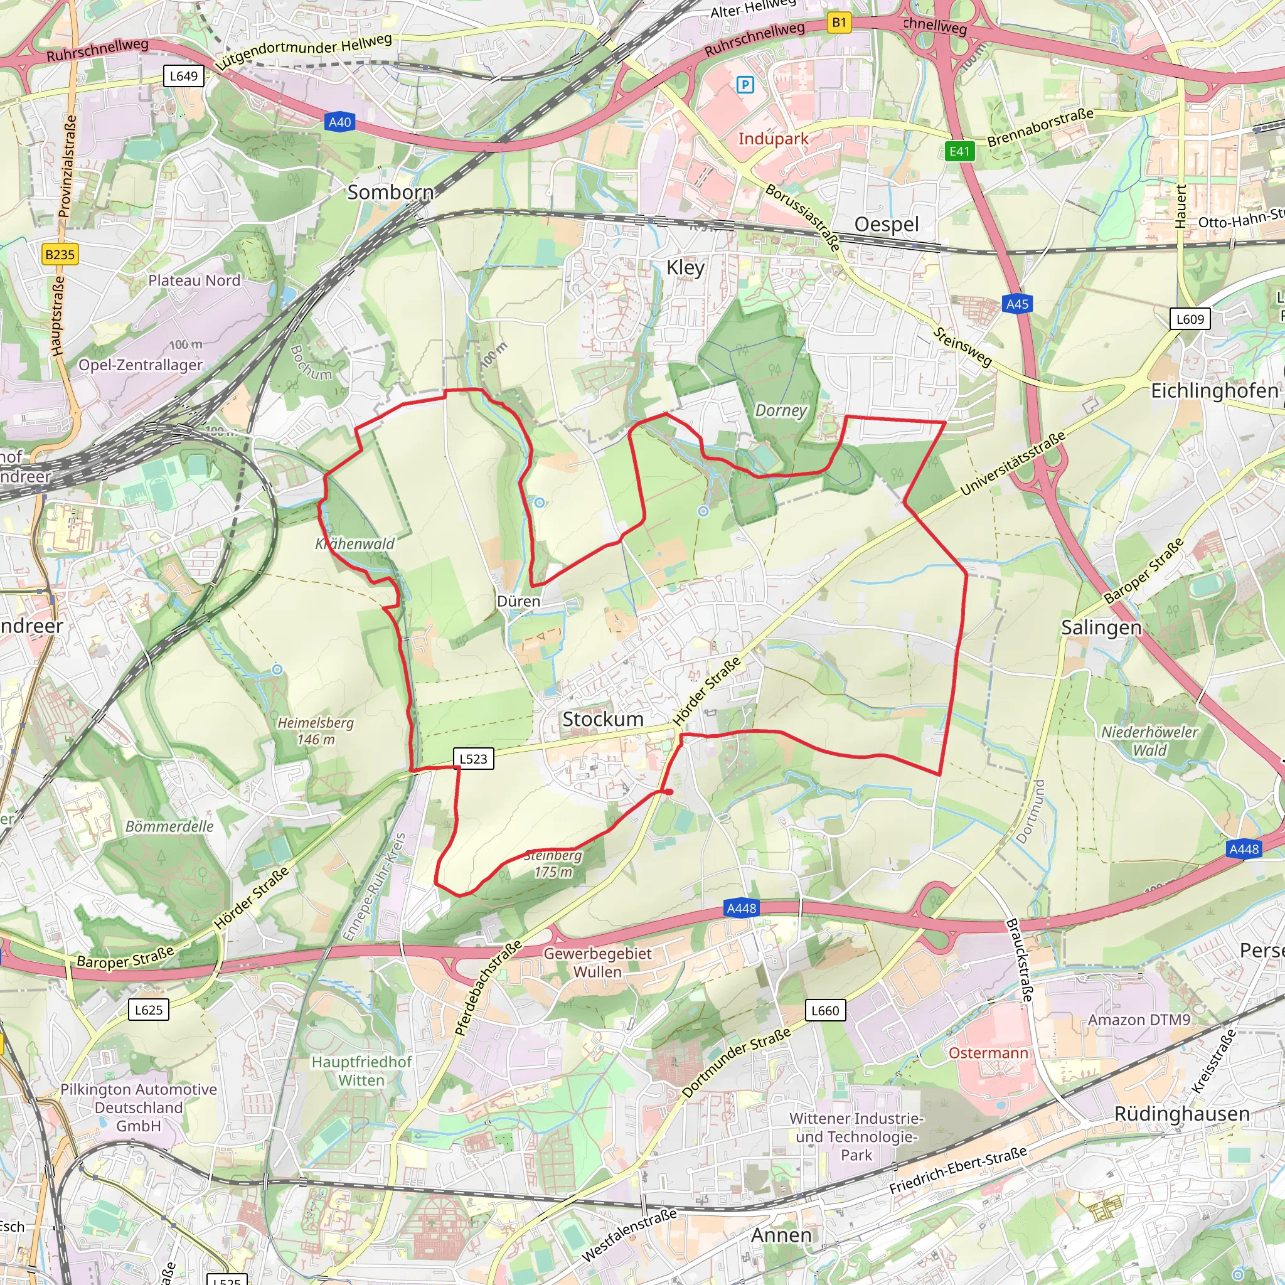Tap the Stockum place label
(x=602, y=719)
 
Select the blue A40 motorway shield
(x=339, y=122)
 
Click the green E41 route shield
(x=959, y=151)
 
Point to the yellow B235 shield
(x=60, y=254)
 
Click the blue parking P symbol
(x=745, y=85)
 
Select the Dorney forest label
(x=780, y=410)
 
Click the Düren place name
(x=518, y=601)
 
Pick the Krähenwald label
(x=355, y=543)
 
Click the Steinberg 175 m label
(x=553, y=863)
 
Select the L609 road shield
(x=1190, y=319)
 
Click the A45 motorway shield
(x=1017, y=304)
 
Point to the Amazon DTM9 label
(x=1139, y=1020)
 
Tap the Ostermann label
(x=988, y=1053)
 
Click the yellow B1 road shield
(x=840, y=23)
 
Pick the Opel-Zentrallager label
(x=141, y=365)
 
